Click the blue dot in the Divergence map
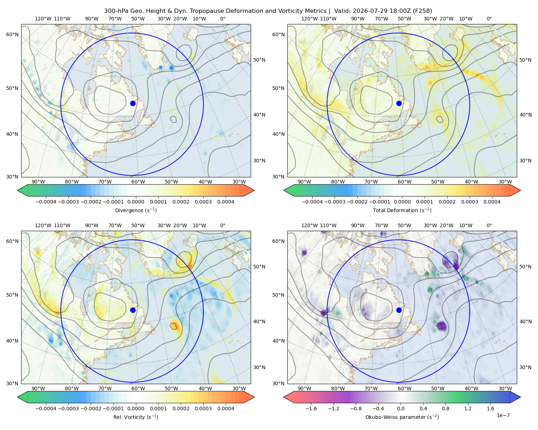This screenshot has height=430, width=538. click(x=133, y=103)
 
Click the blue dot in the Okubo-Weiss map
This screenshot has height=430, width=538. click(x=399, y=310)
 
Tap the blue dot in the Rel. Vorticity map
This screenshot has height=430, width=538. click(x=133, y=310)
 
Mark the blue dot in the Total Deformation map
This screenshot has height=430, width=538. click(x=399, y=103)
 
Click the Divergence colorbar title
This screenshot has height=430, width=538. click(x=136, y=210)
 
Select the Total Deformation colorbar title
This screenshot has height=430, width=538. click(x=402, y=210)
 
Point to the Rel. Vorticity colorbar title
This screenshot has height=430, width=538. click(x=136, y=417)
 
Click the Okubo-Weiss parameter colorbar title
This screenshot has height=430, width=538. click(x=402, y=417)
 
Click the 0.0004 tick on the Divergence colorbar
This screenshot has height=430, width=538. click(x=226, y=202)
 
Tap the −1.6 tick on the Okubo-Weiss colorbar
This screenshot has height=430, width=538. click(x=311, y=408)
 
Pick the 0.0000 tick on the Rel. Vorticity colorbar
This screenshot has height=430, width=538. click(x=136, y=408)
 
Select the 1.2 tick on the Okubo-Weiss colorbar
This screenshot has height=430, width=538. click(x=468, y=408)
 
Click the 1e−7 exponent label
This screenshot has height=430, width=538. click(x=503, y=415)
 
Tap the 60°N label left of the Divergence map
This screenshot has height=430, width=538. click(x=12, y=34)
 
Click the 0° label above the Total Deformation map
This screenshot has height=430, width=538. click(x=489, y=19)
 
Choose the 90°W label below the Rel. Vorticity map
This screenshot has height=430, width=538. click(x=38, y=388)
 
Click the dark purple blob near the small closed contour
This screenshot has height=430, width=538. click(x=441, y=326)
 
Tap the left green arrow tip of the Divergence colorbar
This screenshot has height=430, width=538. click(x=18, y=190)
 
